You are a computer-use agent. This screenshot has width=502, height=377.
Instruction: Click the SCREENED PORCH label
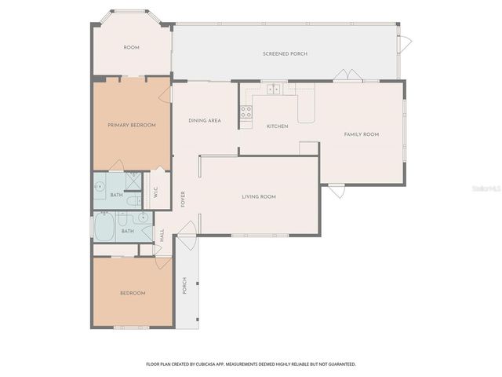(285, 53)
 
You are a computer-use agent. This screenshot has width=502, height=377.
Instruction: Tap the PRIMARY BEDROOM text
(132, 125)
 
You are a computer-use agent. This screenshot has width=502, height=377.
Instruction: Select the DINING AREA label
(204, 121)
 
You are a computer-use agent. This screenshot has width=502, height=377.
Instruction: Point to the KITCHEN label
(277, 126)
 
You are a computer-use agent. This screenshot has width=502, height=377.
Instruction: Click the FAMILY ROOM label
(362, 134)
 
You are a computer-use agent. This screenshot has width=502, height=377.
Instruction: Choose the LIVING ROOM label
(259, 196)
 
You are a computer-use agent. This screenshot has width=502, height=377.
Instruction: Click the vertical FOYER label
(183, 198)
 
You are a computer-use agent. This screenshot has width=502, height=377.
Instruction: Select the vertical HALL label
(162, 234)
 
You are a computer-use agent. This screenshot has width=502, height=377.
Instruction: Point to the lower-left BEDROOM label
(133, 293)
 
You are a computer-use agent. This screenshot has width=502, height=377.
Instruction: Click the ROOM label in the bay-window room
(131, 48)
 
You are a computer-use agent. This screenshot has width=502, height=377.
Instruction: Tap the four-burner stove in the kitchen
(246, 112)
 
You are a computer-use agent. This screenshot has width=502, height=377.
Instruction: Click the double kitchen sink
(273, 89)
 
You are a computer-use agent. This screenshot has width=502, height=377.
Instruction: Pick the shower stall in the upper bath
(133, 181)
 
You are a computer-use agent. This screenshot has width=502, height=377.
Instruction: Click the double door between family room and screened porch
(347, 76)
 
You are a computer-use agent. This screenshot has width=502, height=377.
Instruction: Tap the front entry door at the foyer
(187, 232)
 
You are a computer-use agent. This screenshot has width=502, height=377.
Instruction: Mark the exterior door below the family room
(336, 190)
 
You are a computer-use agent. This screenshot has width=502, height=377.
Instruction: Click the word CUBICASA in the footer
(227, 364)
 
